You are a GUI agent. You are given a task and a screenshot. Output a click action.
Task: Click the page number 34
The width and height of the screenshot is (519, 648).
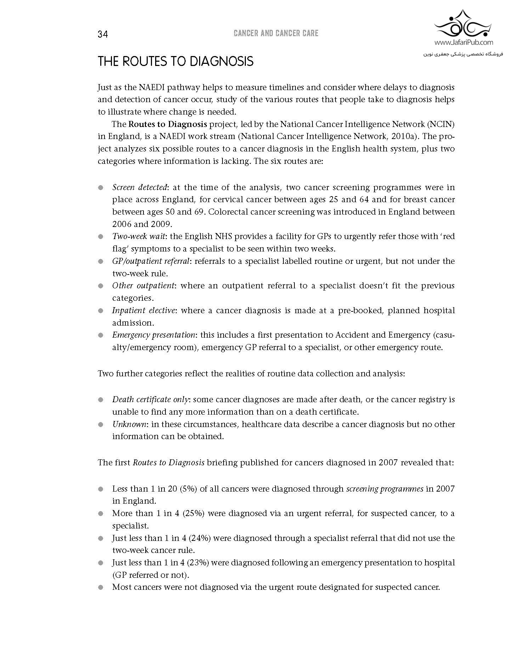[103, 34]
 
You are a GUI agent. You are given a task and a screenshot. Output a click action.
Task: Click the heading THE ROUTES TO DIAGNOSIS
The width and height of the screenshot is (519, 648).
[175, 61]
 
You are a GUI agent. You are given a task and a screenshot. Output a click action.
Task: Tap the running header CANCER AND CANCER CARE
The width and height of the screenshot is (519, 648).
[276, 33]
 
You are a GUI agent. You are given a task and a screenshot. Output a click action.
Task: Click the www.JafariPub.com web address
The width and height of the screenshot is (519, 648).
[463, 43]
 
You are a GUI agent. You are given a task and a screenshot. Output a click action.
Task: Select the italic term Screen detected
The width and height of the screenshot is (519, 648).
[139, 187]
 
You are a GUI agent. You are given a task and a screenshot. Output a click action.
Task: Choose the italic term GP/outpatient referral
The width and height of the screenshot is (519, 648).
[151, 261]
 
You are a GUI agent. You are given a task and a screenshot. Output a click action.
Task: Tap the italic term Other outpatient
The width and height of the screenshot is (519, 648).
[143, 286]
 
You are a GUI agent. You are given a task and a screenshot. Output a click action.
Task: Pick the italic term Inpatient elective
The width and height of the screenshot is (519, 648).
[143, 310]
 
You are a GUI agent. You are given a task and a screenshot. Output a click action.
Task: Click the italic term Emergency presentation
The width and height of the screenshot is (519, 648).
[153, 335]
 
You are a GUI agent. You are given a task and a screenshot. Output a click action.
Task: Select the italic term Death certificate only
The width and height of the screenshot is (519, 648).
[150, 399]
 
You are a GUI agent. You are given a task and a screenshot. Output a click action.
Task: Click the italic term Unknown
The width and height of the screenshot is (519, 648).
[129, 424]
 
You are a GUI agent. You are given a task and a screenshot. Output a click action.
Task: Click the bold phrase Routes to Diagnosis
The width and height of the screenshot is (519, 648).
[168, 124]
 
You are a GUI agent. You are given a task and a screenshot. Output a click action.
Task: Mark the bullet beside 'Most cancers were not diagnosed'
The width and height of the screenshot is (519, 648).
[101, 587]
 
